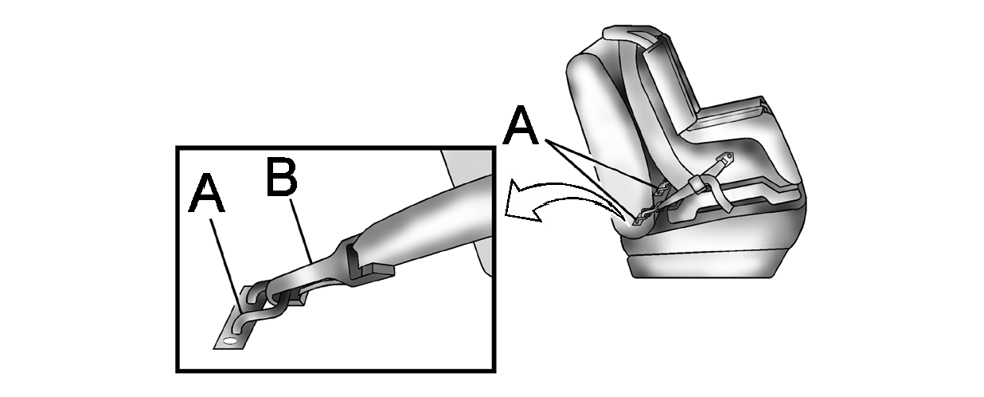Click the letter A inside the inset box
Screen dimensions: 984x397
pyautogui.click(x=206, y=193)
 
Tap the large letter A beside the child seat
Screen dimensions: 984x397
pyautogui.click(x=521, y=124)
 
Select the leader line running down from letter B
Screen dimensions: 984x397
pyautogui.click(x=302, y=231)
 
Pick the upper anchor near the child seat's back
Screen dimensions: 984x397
pyautogui.click(x=662, y=188)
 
